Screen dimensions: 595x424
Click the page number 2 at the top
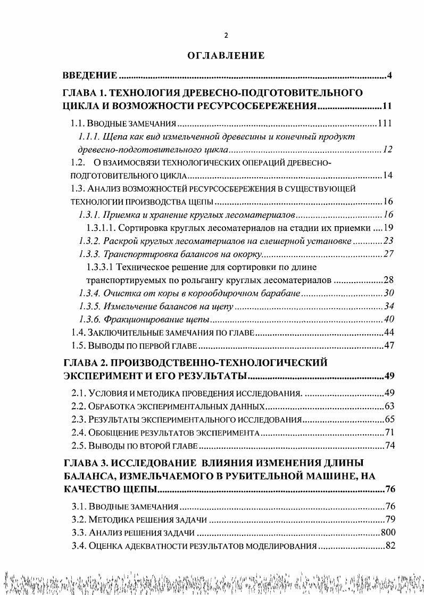pos(226,36)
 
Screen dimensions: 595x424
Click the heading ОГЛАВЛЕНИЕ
pos(226,55)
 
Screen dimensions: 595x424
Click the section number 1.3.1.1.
pos(101,228)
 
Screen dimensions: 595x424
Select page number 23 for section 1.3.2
pos(388,241)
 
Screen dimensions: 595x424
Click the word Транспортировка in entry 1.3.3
pos(134,253)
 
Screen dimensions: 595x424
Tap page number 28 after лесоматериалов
pos(388,280)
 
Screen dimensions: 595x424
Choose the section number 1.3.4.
pos(89,293)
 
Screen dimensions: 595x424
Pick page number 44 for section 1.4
pos(388,333)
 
